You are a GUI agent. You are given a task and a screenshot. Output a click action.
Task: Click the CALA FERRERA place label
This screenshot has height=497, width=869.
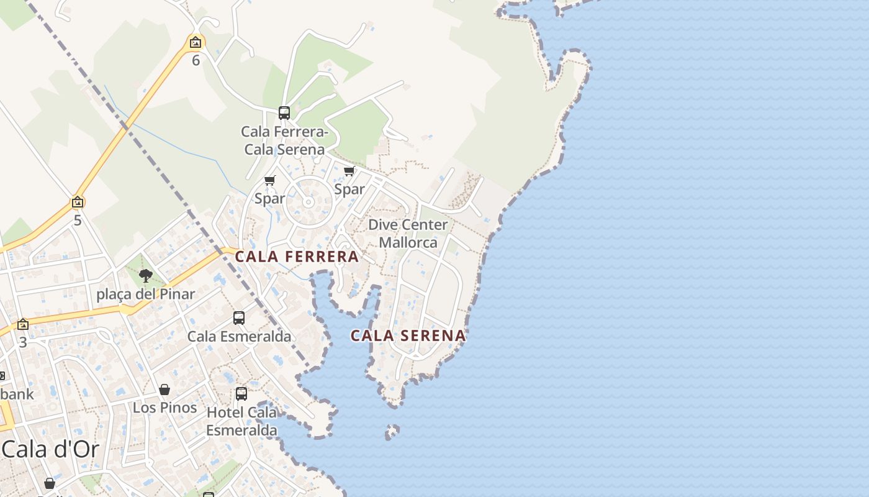click(297, 257)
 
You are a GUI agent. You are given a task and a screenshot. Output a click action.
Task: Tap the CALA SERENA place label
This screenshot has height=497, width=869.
click(408, 335)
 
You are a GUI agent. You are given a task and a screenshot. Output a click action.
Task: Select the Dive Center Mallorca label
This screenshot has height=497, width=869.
click(408, 234)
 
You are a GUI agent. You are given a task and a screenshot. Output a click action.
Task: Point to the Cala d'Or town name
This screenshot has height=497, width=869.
click(50, 449)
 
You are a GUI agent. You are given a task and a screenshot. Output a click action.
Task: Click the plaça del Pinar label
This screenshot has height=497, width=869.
click(146, 294)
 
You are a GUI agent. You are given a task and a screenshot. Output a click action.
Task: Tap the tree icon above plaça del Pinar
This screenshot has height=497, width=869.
click(146, 275)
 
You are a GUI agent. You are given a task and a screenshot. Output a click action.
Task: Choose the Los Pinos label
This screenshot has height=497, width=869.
click(165, 408)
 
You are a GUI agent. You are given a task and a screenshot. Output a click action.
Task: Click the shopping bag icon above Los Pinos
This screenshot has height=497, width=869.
click(164, 390)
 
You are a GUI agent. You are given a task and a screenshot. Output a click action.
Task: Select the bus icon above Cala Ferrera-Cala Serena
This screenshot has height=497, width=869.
click(284, 113)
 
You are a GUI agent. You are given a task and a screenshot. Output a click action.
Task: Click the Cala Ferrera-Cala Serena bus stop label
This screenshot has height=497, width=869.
click(284, 140)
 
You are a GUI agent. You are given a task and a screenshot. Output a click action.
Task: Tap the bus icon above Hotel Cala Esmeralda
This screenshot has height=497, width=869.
click(241, 393)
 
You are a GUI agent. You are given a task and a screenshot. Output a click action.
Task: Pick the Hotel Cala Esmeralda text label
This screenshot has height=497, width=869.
click(241, 421)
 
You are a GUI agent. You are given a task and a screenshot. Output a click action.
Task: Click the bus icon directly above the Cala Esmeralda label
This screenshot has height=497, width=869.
click(239, 318)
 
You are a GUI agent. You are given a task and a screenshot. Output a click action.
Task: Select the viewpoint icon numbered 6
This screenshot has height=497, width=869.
click(196, 43)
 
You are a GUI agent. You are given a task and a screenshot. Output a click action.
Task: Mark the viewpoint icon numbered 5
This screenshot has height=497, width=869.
click(78, 202)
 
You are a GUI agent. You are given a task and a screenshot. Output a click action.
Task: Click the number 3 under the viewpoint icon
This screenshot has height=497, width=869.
click(23, 342)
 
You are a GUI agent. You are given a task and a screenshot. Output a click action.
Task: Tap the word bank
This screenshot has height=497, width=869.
click(17, 394)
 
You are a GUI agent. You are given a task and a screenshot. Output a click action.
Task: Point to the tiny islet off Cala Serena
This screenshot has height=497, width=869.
click(392, 431)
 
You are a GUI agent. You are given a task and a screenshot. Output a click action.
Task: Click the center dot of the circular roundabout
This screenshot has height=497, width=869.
click(308, 203)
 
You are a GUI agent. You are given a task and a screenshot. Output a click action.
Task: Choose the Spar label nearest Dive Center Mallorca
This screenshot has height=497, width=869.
click(349, 189)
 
